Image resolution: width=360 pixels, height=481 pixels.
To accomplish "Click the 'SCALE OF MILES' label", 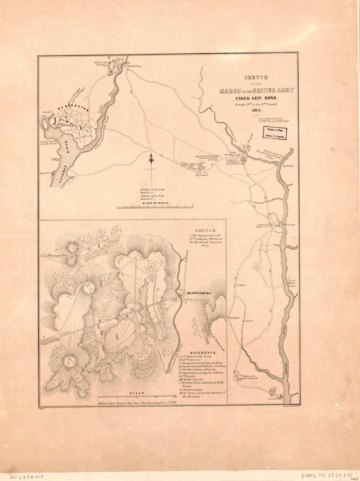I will (155, 203).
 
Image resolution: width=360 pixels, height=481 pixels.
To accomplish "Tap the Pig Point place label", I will (288, 166).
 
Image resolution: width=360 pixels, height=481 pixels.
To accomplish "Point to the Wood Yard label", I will (202, 175).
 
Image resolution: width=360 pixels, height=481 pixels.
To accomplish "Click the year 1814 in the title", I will (257, 110).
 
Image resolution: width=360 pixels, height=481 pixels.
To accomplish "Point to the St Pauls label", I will (242, 285).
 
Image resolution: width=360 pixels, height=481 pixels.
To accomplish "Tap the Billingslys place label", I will (234, 318).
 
